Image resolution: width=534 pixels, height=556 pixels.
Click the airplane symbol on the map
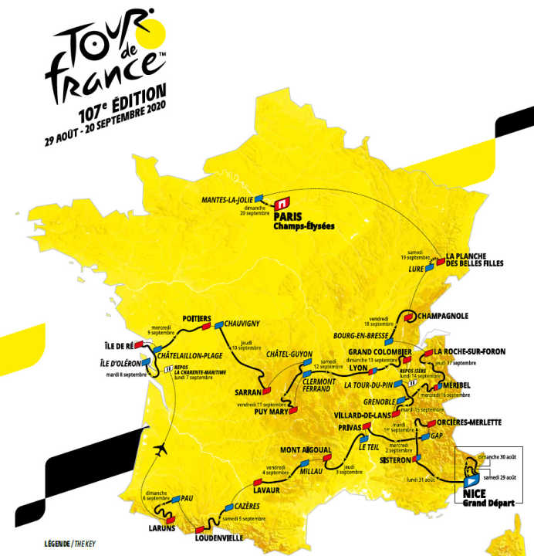[x=162, y=449]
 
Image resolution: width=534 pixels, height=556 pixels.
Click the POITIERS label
[x=197, y=319]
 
